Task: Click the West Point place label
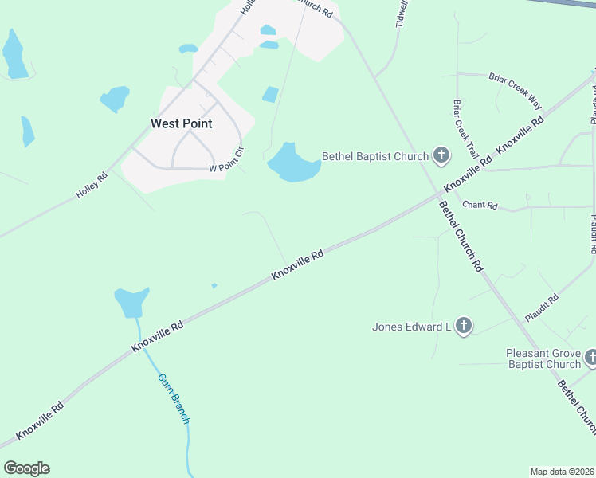point(182,123)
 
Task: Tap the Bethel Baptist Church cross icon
point(441,156)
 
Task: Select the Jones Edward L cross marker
point(465,326)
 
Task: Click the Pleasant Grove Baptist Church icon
point(590,358)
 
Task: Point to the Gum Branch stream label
point(174,398)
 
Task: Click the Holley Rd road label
point(92,187)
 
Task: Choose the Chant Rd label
point(480,206)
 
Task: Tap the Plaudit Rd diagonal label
point(542,308)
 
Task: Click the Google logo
point(26,468)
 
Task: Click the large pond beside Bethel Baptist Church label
point(292,164)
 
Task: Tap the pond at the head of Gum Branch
point(131,302)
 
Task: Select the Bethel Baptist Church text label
point(375,156)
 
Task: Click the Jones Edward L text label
point(412,327)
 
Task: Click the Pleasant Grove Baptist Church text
point(543,358)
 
